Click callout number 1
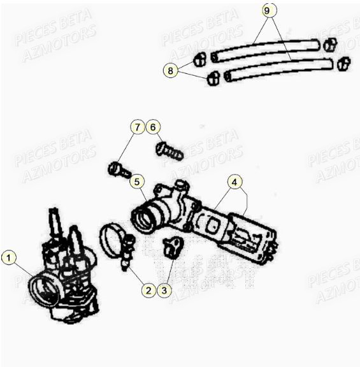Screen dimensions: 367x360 (8, 258)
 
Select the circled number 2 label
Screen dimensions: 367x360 (148, 291)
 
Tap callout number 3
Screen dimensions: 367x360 (164, 291)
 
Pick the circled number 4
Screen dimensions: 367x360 (235, 183)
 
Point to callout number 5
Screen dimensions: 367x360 (137, 182)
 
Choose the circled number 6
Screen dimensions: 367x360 (152, 127)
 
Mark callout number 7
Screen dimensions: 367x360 (137, 127)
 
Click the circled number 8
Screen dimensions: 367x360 (169, 71)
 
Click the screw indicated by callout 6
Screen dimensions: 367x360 (169, 151)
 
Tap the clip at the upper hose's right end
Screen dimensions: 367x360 (329, 45)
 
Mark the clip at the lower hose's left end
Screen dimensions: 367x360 (213, 78)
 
